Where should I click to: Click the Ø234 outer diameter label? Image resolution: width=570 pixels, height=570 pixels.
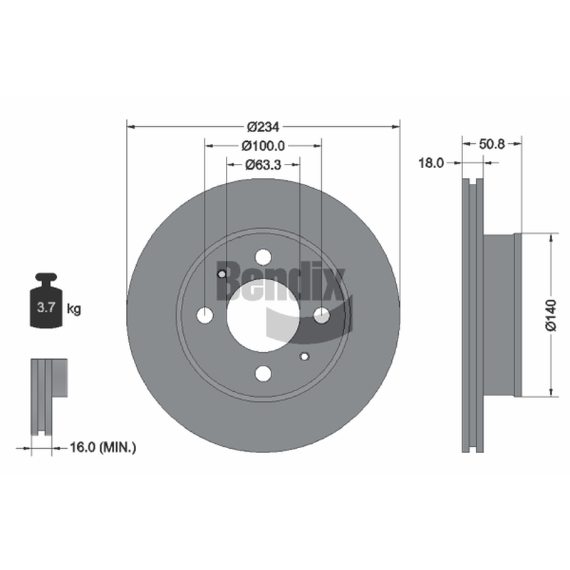263,127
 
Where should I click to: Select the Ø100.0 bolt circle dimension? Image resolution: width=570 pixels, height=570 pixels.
263,146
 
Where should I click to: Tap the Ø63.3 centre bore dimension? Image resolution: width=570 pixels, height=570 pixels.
263,165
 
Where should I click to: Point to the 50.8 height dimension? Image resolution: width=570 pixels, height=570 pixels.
492,144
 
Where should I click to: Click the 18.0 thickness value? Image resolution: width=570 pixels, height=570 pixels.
431,163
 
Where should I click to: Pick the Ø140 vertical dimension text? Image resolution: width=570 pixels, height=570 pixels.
551,315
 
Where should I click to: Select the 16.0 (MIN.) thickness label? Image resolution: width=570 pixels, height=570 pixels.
103,447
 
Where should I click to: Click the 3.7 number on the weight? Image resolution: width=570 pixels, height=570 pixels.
46,308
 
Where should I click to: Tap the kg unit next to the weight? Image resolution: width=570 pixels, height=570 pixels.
74,309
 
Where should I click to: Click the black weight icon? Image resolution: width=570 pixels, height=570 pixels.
46,300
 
